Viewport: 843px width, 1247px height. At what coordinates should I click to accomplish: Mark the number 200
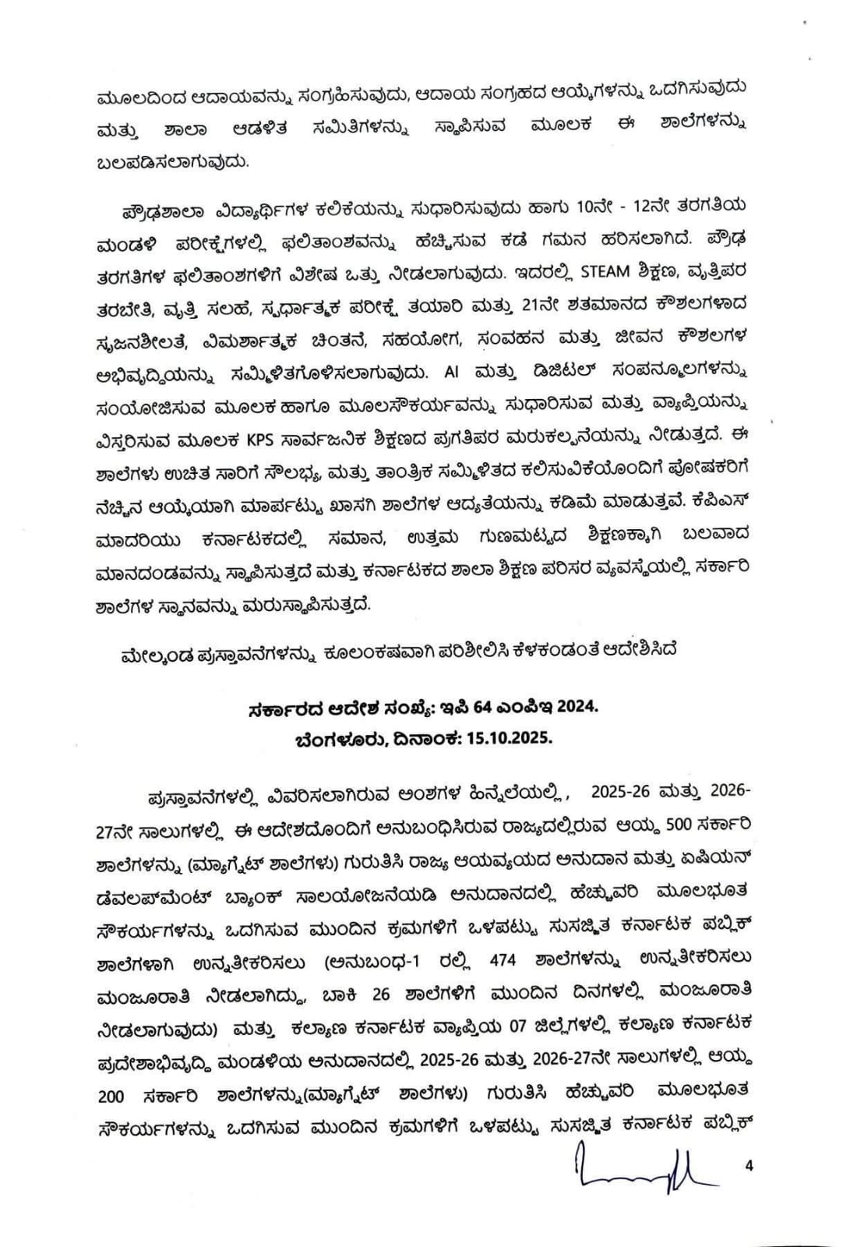111,1096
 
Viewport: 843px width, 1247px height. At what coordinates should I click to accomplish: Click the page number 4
750,1167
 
